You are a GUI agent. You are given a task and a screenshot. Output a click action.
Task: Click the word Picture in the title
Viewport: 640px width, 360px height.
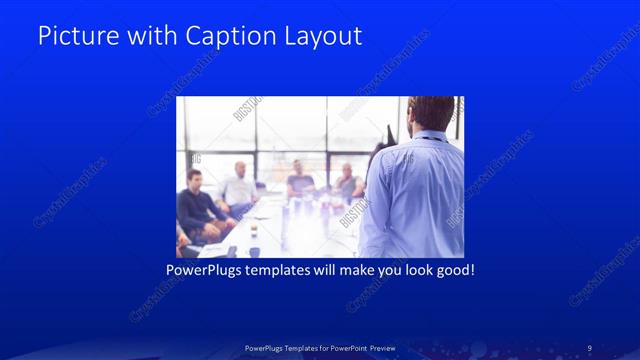73,36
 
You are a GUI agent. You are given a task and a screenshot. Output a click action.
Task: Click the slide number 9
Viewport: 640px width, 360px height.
589,347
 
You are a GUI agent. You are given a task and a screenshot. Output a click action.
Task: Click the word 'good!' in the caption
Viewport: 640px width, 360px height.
452,270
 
